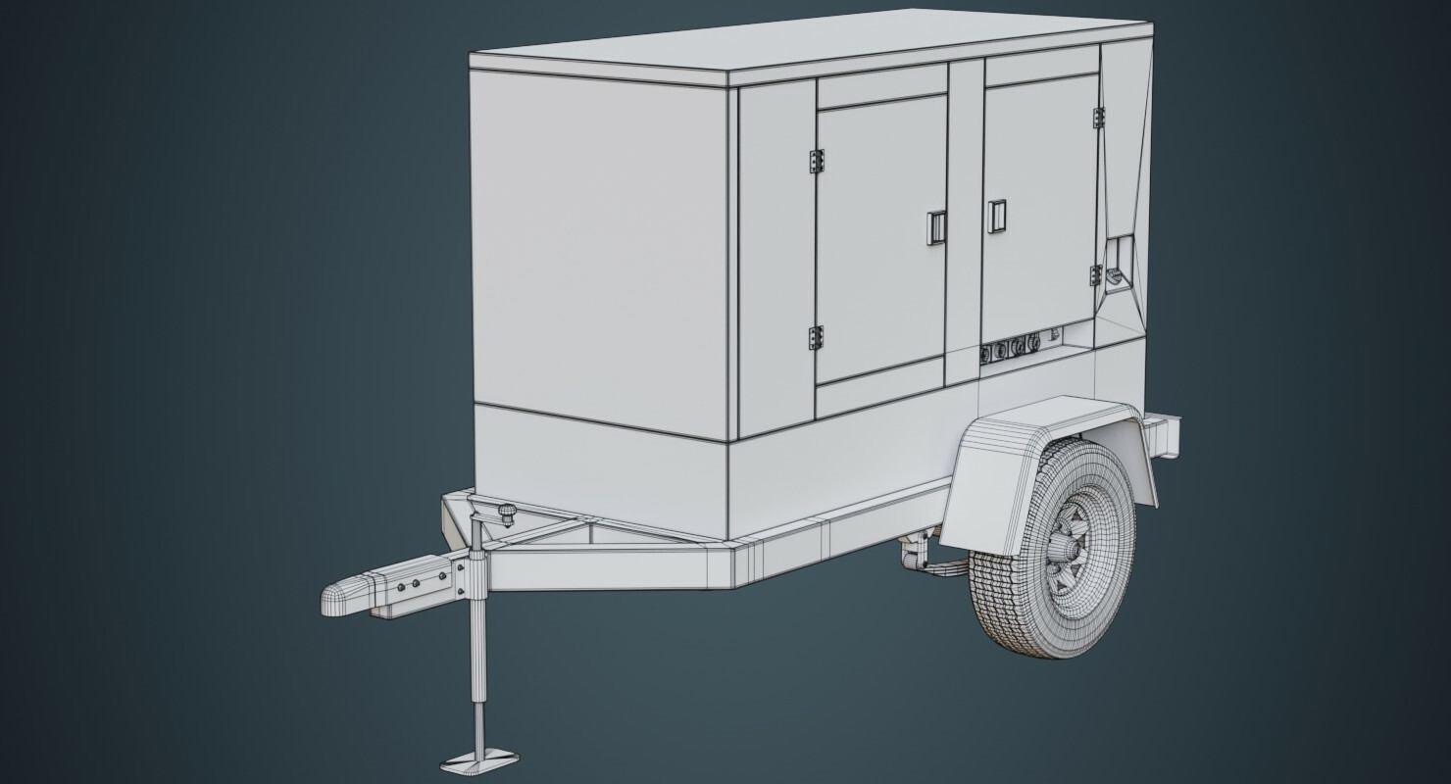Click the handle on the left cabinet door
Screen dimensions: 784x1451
(x=934, y=227)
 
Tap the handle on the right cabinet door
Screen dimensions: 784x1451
(x=997, y=216)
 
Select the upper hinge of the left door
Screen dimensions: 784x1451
(x=816, y=161)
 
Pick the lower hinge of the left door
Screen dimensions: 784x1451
(x=816, y=338)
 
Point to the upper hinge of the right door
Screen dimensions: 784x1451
(x=1095, y=116)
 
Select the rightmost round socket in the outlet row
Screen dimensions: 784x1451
(x=1034, y=342)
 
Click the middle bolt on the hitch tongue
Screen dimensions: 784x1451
(x=419, y=583)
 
